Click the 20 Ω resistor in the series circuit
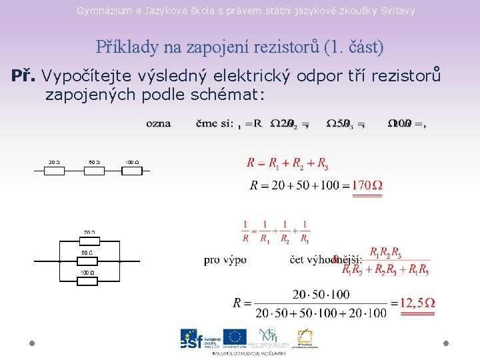click(55, 171)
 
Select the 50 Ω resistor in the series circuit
click(94, 171)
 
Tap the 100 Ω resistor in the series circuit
click(132, 171)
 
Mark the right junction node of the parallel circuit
click(119, 261)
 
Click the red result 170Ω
click(367, 185)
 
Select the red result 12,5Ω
click(417, 303)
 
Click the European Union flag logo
click(235, 337)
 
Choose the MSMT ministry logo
click(271, 337)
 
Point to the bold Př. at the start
click(24, 76)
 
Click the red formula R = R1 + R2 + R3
click(287, 163)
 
